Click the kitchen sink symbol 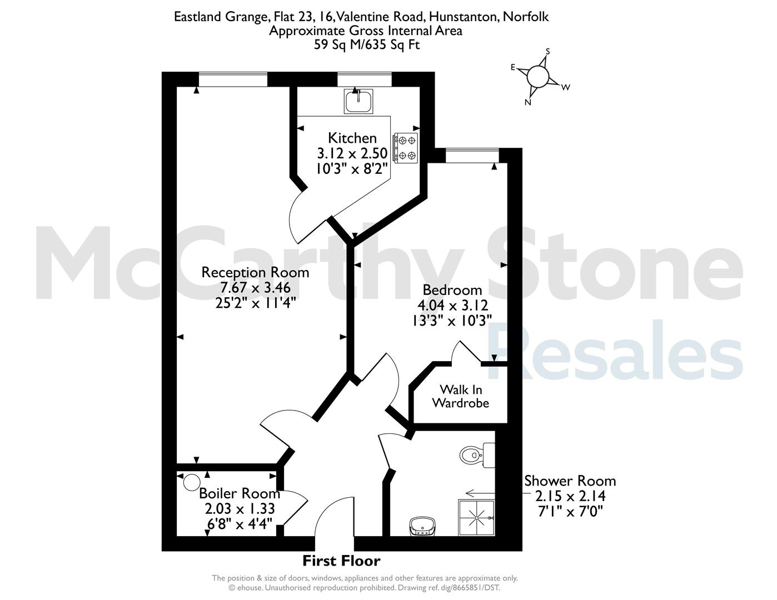pyautogui.click(x=358, y=101)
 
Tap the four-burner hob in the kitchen pyautogui.click(x=406, y=148)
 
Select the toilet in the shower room pyautogui.click(x=477, y=455)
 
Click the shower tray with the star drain pyautogui.click(x=476, y=518)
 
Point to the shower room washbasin pyautogui.click(x=422, y=526)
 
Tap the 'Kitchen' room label pyautogui.click(x=352, y=138)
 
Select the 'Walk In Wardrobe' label pyautogui.click(x=461, y=396)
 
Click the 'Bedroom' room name pyautogui.click(x=452, y=289)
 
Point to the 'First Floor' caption pyautogui.click(x=341, y=561)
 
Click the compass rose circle pyautogui.click(x=538, y=76)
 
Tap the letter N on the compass pyautogui.click(x=527, y=102)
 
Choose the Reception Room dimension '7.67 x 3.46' pyautogui.click(x=255, y=287)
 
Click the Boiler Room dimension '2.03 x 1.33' pyautogui.click(x=240, y=508)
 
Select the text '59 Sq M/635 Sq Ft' pyautogui.click(x=366, y=44)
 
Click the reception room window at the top pyautogui.click(x=233, y=79)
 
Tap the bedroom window pyautogui.click(x=472, y=155)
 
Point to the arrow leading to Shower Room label pyautogui.click(x=480, y=493)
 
